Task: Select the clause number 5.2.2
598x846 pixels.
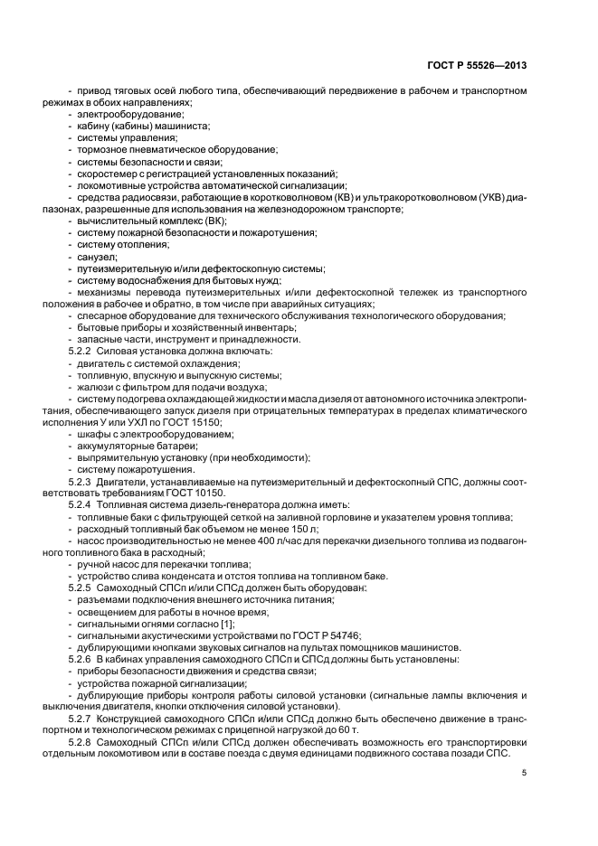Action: point(81,351)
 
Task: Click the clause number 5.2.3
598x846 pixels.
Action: point(81,482)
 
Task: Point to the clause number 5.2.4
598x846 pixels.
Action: point(81,504)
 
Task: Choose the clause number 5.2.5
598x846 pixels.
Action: point(81,588)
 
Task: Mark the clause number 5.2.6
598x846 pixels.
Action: point(81,658)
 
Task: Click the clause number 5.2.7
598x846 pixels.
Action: point(81,717)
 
